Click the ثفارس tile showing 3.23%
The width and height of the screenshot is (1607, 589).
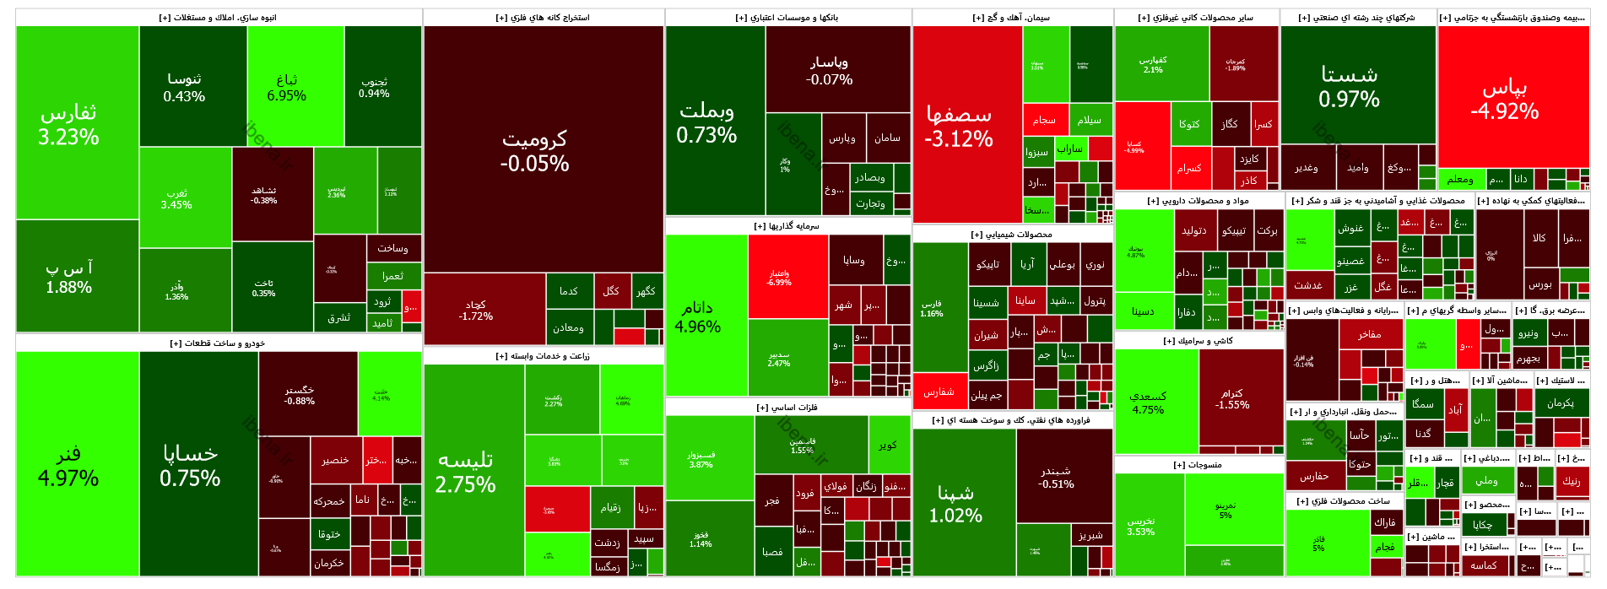[x=69, y=124]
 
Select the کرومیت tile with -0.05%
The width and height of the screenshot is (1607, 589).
[x=534, y=150]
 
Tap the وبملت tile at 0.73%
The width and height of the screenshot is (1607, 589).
[x=706, y=122]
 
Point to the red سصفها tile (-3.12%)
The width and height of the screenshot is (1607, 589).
[x=959, y=125]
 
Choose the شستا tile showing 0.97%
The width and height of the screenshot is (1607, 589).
[x=1349, y=87]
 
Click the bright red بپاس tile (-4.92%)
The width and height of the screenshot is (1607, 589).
[x=1504, y=99]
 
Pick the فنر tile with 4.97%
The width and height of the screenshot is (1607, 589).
[x=68, y=466]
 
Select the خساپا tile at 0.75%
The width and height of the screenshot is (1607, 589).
[x=190, y=466]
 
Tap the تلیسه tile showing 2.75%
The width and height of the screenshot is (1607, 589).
[x=465, y=472]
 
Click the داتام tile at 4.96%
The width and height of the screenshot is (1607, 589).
[x=698, y=316]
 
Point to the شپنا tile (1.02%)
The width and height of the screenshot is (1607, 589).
[x=955, y=504]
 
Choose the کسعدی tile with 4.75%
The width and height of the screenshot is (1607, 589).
[x=1148, y=403]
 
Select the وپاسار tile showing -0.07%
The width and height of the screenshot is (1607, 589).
[x=829, y=70]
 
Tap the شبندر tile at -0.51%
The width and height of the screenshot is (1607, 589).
[x=1056, y=477]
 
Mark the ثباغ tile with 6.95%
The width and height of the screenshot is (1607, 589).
[x=287, y=87]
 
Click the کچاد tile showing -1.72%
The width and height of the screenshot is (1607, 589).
[x=476, y=310]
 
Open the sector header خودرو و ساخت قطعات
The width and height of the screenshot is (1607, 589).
[x=218, y=343]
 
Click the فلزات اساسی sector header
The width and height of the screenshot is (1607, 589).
[x=787, y=408]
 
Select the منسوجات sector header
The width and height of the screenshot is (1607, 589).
[x=1198, y=465]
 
